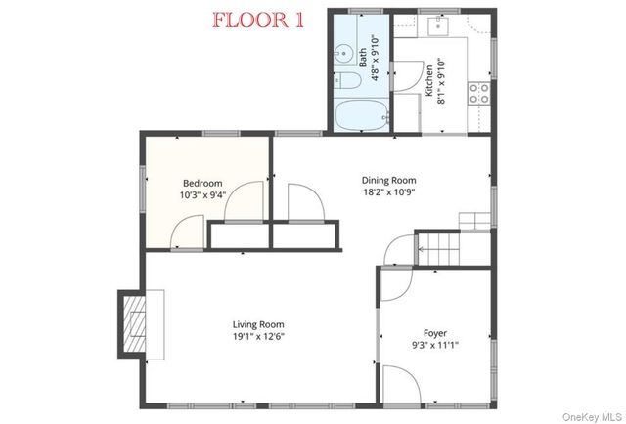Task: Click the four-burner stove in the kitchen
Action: coord(480,93)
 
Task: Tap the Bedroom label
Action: coord(202,183)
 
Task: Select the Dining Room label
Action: coord(389,180)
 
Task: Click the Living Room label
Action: coord(258,324)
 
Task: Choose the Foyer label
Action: coord(435,332)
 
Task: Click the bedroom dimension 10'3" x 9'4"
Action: coord(202,195)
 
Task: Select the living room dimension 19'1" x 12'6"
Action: coord(258,337)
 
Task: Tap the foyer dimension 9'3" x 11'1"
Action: coord(435,345)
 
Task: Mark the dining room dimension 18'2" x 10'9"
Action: coord(389,192)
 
